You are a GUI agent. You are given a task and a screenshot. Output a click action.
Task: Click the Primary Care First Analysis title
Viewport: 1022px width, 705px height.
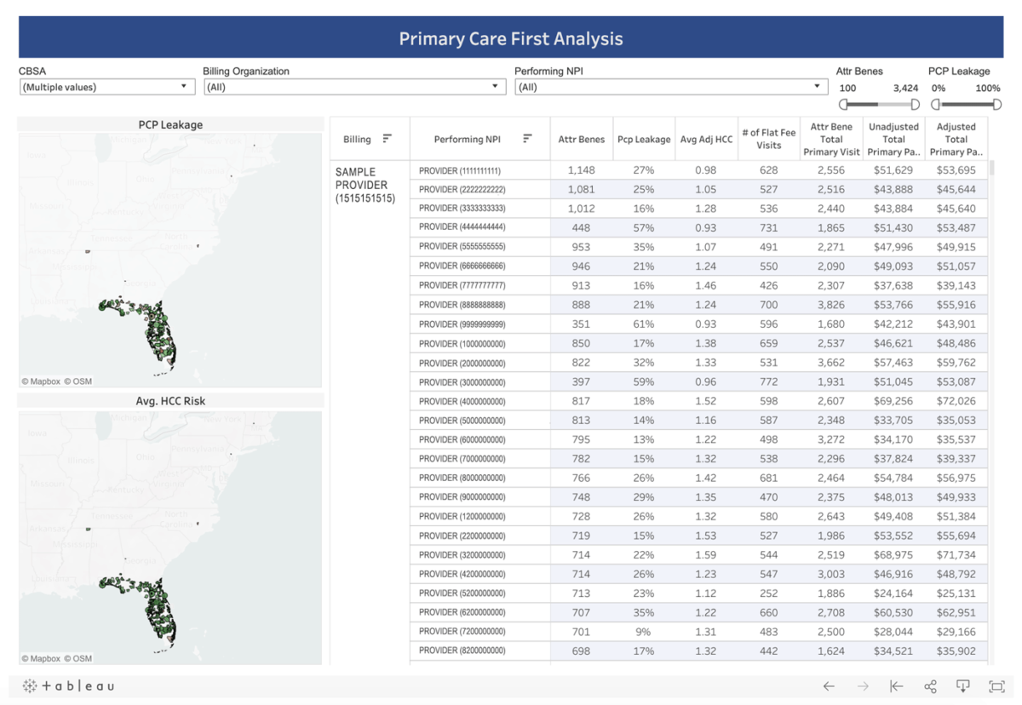(x=511, y=38)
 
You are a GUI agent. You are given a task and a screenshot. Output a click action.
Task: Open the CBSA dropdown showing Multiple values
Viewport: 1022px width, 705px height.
(x=106, y=87)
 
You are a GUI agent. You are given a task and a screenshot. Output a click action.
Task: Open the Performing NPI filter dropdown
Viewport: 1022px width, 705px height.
(x=670, y=87)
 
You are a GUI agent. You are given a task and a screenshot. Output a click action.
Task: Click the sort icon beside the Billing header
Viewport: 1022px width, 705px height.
(x=388, y=139)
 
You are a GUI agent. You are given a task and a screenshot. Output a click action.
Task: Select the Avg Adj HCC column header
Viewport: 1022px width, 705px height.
(x=706, y=140)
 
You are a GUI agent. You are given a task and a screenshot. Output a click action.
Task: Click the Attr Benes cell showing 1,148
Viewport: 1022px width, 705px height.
(x=582, y=170)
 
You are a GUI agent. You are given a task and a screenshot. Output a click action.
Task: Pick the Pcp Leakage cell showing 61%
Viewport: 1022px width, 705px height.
(x=643, y=324)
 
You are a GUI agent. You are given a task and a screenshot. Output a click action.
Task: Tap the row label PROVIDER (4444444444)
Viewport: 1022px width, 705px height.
(x=462, y=227)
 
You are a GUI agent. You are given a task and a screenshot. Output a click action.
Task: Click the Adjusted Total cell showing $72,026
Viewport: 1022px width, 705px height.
(x=956, y=401)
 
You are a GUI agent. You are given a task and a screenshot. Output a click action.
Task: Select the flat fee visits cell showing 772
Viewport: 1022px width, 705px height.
(x=769, y=382)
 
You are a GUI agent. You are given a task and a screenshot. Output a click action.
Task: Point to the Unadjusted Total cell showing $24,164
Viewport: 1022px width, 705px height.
(x=893, y=593)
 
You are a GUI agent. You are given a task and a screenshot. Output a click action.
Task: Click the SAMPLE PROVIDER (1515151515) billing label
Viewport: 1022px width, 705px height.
(x=365, y=185)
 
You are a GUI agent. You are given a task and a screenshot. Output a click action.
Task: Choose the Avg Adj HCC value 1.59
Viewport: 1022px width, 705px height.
(x=706, y=555)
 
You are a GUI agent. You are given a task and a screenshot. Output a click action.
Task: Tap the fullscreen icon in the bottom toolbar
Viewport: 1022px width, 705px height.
(x=996, y=686)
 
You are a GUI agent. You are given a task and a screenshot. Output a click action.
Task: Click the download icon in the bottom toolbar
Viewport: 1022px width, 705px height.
(x=963, y=686)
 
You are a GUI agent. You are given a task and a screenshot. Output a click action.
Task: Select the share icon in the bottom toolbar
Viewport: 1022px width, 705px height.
(x=930, y=686)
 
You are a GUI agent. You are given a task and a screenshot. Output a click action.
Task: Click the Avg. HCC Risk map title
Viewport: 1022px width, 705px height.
(x=170, y=401)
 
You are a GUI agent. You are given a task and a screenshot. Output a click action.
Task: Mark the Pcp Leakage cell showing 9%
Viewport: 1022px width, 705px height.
(x=643, y=632)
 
